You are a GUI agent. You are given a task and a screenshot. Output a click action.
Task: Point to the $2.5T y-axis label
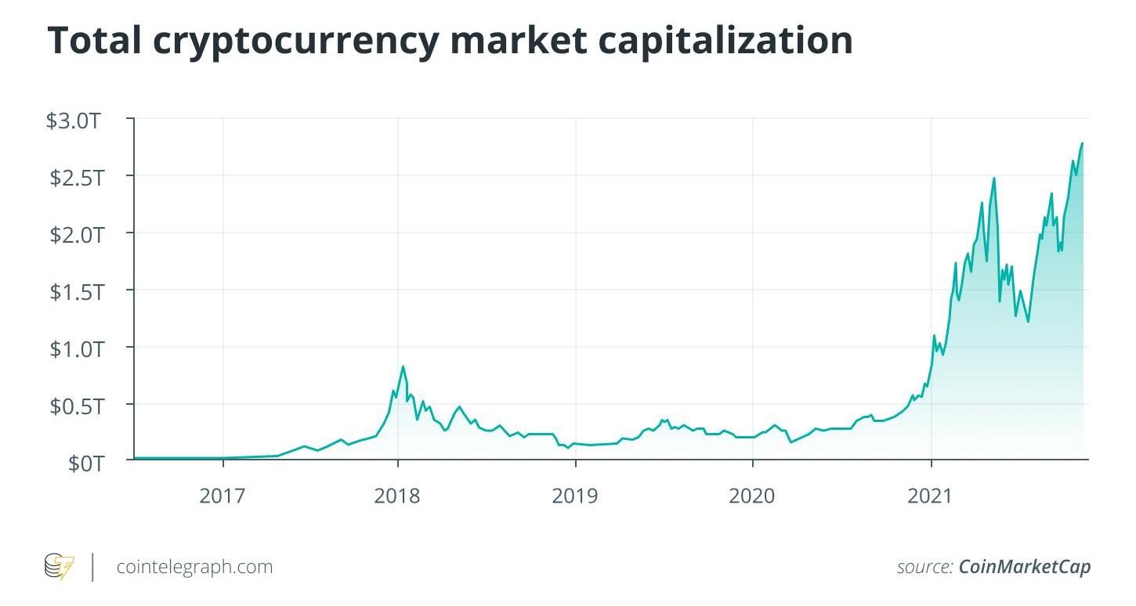[76, 178]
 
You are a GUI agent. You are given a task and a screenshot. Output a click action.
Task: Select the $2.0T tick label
[76, 235]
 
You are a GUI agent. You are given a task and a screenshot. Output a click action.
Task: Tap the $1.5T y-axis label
[76, 292]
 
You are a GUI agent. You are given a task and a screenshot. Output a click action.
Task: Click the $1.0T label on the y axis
[76, 349]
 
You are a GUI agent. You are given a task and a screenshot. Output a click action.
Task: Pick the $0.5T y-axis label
[76, 406]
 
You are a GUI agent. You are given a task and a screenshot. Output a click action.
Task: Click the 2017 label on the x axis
[223, 496]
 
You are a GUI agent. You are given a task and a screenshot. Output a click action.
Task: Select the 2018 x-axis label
[398, 496]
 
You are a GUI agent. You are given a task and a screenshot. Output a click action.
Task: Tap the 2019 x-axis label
[575, 496]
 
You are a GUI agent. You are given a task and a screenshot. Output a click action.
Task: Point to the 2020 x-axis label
[752, 496]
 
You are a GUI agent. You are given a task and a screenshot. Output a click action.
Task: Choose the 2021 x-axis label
[930, 496]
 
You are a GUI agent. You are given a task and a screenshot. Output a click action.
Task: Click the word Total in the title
[100, 40]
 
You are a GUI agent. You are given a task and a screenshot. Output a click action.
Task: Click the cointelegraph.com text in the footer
[194, 566]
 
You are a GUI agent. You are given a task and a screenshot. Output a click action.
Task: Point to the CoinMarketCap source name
[1025, 567]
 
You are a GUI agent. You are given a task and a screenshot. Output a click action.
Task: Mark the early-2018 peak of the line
[403, 366]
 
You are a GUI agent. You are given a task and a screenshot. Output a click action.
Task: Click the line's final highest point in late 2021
[1082, 143]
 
